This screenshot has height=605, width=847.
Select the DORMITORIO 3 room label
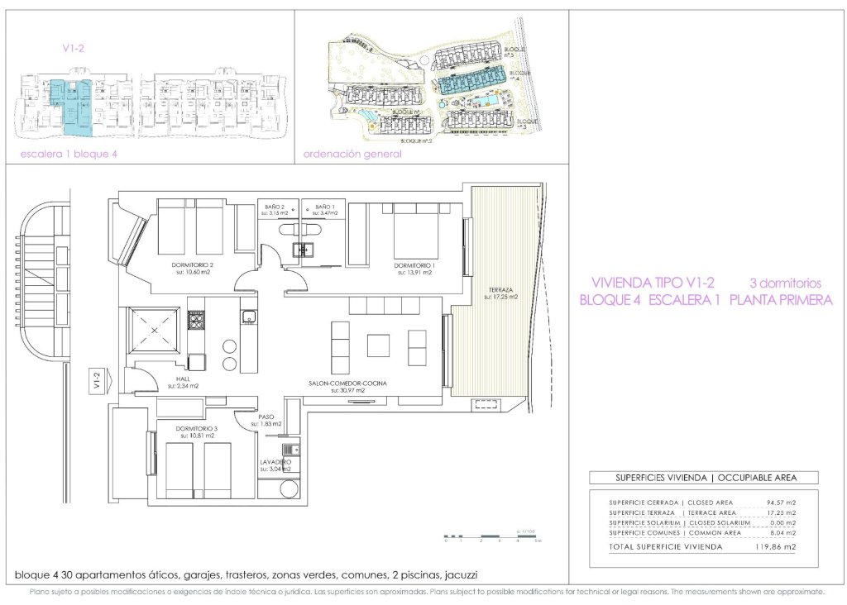coord(196,429)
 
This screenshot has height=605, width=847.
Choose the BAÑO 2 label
coord(275,207)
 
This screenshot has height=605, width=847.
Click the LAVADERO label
coord(275,462)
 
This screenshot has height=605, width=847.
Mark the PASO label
coord(266,417)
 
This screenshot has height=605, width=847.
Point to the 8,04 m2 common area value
coord(780,532)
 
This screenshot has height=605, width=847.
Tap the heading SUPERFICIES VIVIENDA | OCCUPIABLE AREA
coord(703,478)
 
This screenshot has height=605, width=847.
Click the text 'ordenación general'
coord(352,154)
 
